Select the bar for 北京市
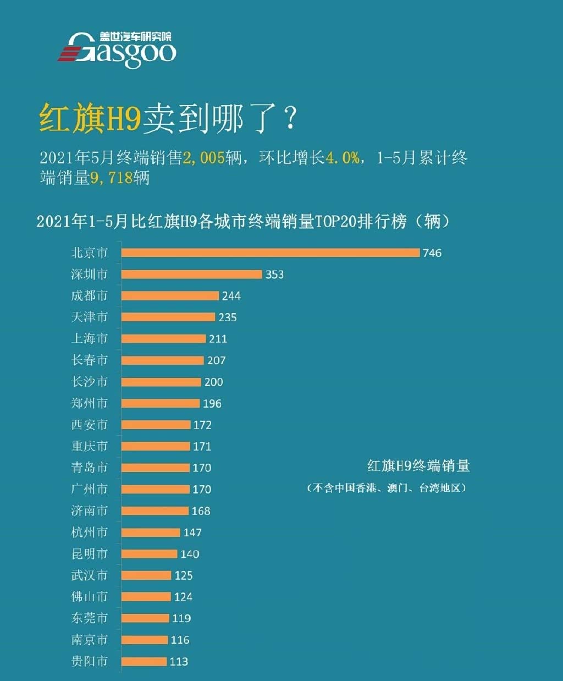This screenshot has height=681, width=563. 270,252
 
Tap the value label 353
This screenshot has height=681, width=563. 274,274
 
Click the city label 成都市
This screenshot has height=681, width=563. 89,295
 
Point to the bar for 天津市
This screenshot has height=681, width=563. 168,317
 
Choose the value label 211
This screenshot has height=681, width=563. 218,338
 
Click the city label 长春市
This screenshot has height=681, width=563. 89,360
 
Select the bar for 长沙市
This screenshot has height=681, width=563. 161,382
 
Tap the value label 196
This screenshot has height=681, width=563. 212,403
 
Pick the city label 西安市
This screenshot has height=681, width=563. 89,425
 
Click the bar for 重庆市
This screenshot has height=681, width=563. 156,446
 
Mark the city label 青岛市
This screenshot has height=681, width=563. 89,468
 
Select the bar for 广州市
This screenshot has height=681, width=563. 155,489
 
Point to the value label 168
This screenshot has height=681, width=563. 201,510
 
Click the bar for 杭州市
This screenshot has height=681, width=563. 151,532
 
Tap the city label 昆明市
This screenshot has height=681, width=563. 89,553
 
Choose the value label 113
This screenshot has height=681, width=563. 179,661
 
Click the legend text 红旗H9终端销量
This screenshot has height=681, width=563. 418,466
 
